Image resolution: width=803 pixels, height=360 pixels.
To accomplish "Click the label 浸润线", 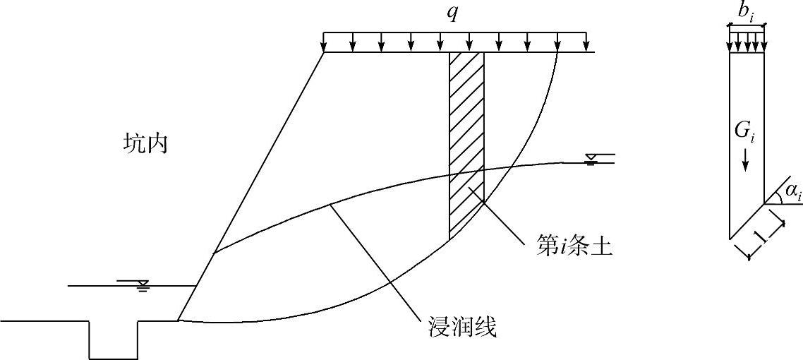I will (463, 327).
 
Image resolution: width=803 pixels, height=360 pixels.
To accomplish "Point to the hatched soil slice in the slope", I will (466, 141).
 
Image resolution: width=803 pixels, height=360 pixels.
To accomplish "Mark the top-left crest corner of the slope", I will (324, 52).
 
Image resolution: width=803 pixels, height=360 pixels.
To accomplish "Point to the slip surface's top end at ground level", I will (557, 52).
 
